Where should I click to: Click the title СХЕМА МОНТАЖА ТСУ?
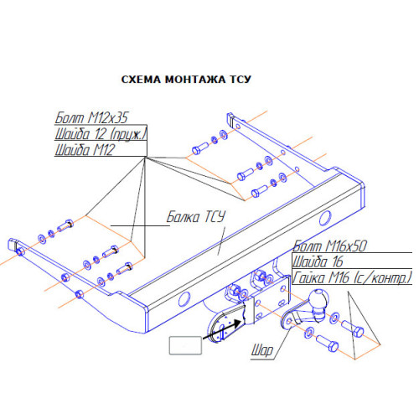pos(186,80)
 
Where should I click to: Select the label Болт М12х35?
pos(91,117)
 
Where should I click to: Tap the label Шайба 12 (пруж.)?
pos(101,133)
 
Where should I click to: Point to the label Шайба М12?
pos(85,149)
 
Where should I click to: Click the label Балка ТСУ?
pos(196,217)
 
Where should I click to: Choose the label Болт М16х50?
pos(329,246)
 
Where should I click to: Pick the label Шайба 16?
pos(318,261)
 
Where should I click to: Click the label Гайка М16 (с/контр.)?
pos(352,277)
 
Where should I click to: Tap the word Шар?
pos(262,350)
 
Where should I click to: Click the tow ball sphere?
pos(319,299)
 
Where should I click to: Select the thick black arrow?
pos(222,329)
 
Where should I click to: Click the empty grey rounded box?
pos(185,345)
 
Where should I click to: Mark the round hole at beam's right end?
pos(325,218)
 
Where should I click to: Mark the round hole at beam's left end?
pos(184,299)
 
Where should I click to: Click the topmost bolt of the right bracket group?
pos(200,148)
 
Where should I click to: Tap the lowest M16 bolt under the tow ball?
pos(328,344)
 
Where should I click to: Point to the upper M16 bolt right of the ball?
pos(353,328)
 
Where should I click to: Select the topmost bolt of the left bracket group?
pos(65,225)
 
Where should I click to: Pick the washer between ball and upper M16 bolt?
pos(334,318)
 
